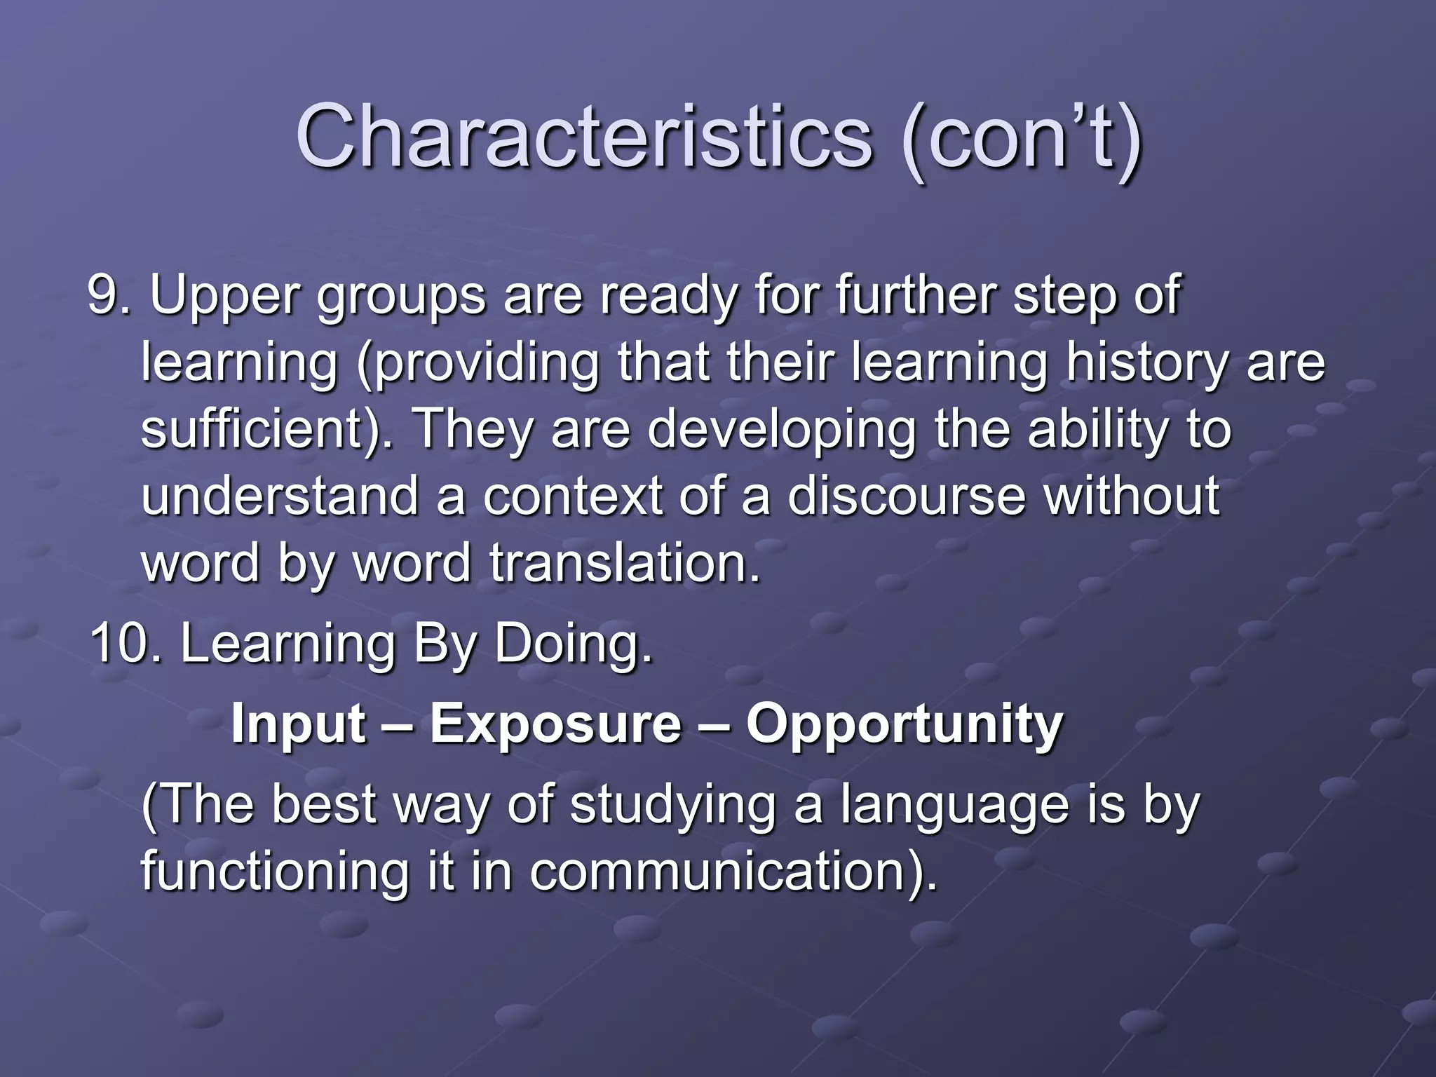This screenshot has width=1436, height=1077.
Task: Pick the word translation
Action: [x=625, y=563]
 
